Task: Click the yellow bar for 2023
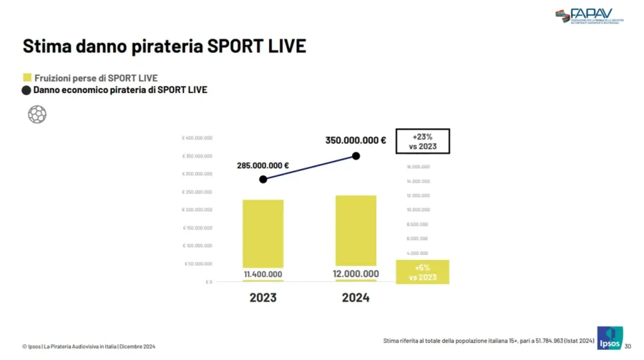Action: pos(263,233)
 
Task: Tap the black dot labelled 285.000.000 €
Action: pos(263,179)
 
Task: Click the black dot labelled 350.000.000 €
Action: pos(356,156)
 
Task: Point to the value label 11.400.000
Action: pos(263,274)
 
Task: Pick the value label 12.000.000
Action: pos(356,273)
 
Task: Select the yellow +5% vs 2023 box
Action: pos(422,272)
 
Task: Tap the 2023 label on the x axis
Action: pos(263,298)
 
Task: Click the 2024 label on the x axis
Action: pos(356,298)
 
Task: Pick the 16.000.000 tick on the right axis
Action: pos(418,167)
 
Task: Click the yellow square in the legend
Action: pos(27,77)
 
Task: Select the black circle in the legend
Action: pos(27,90)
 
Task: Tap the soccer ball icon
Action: pos(37,114)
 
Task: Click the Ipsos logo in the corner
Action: pos(610,338)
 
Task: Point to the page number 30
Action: pos(628,347)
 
